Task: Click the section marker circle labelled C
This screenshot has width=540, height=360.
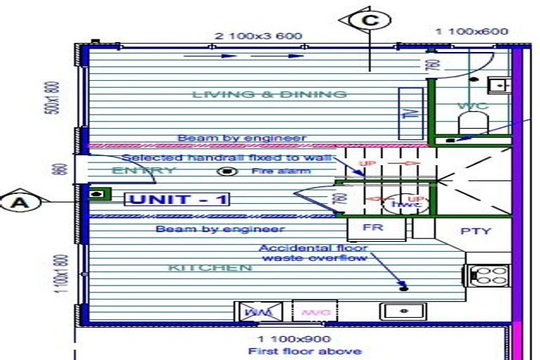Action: click(x=370, y=20)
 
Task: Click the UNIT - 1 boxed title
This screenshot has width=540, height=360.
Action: click(x=177, y=200)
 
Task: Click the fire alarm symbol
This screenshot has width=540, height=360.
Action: click(x=226, y=172)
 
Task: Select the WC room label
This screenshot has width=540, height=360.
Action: click(x=472, y=106)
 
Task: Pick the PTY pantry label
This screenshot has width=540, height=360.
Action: click(x=475, y=231)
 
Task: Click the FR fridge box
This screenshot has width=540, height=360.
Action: click(x=371, y=229)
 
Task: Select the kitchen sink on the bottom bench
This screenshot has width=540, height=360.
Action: click(x=404, y=310)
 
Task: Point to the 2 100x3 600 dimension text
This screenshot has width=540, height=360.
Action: click(x=258, y=36)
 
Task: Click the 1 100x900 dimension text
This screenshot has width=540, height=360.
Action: click(x=294, y=340)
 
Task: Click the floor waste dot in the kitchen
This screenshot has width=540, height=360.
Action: click(x=403, y=286)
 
